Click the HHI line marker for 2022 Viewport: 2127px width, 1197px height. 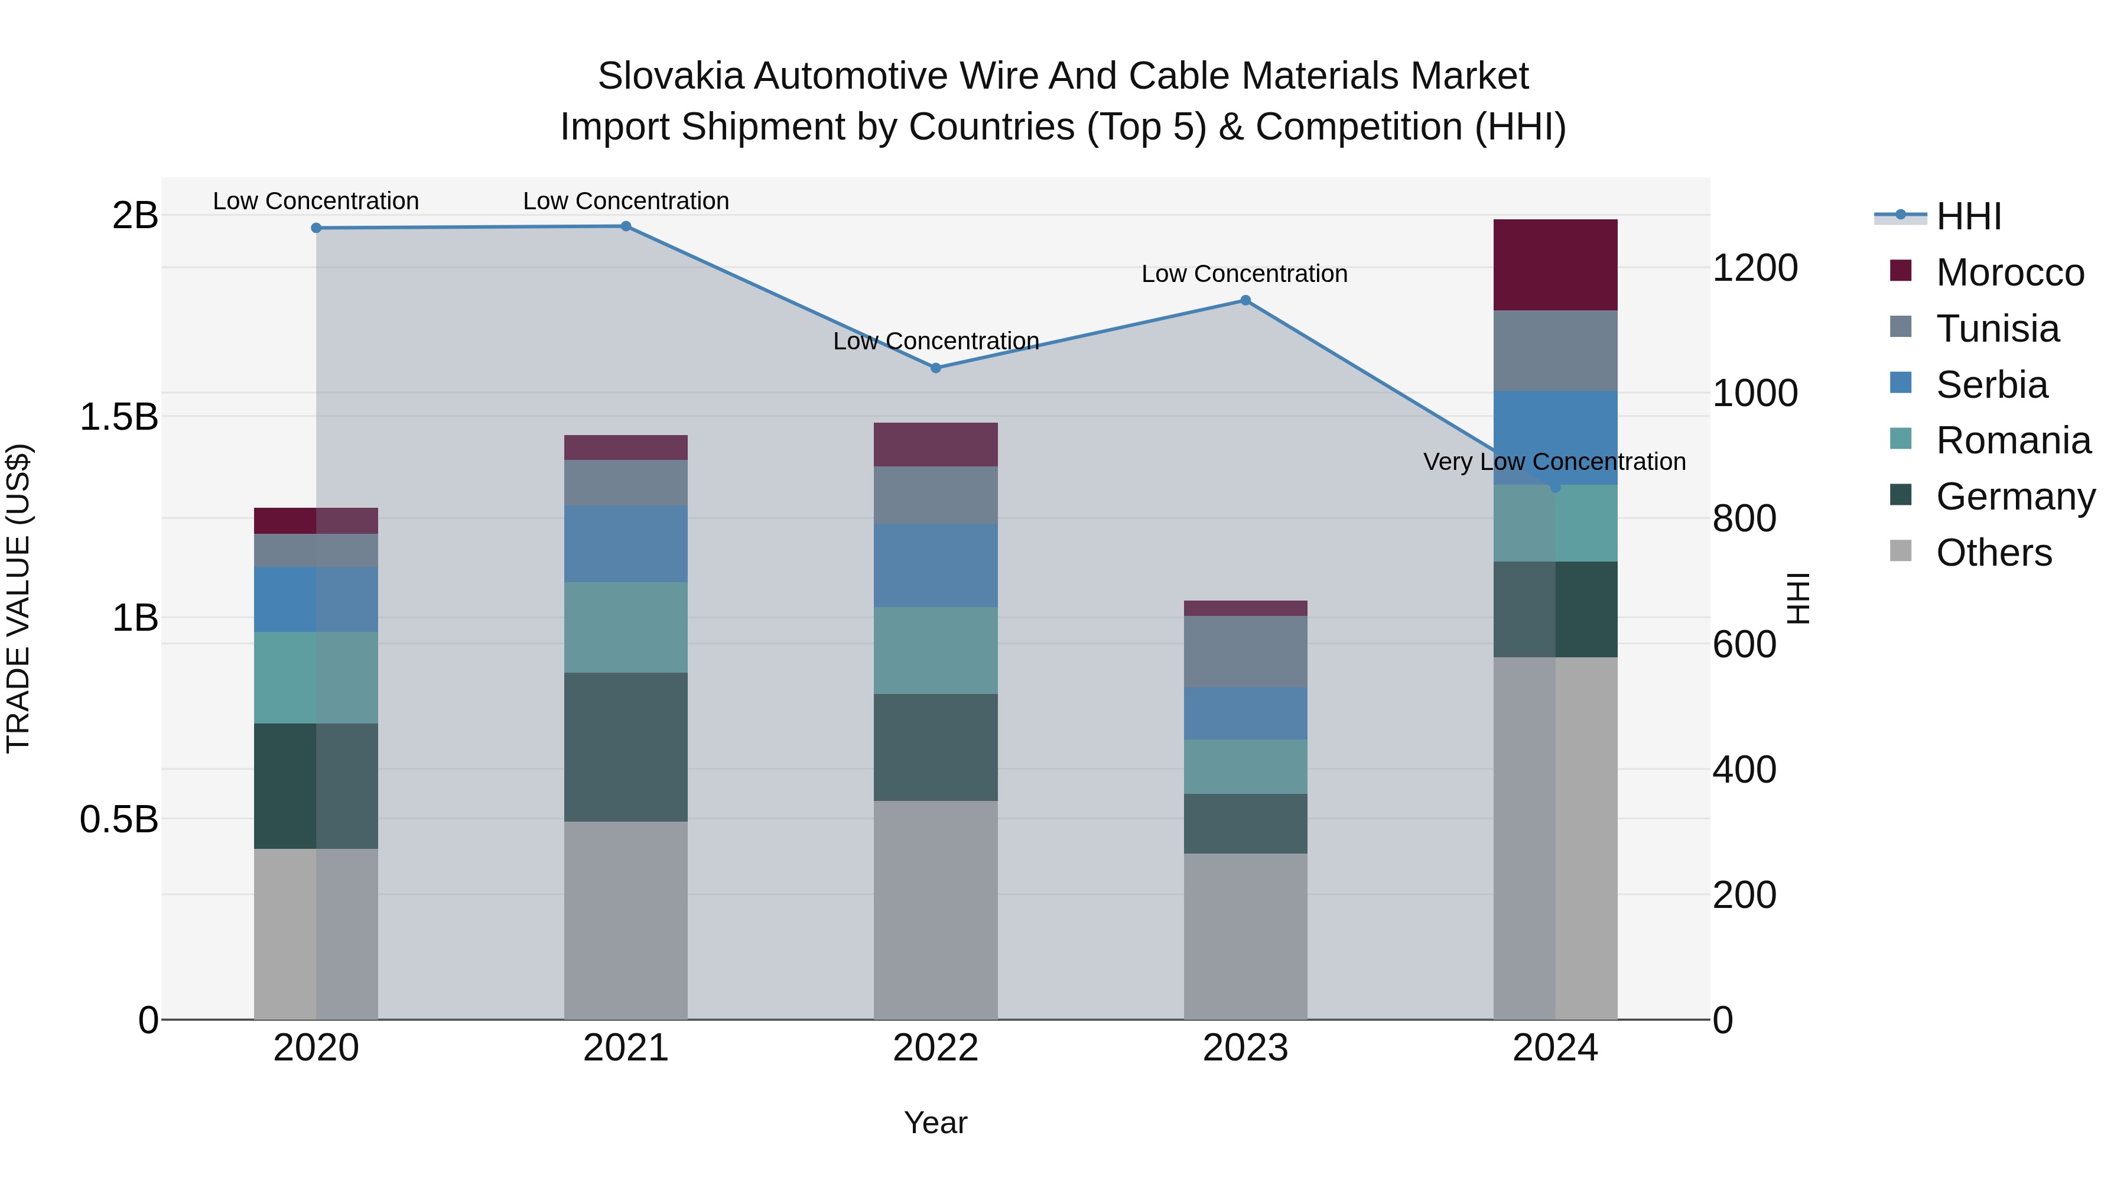935,368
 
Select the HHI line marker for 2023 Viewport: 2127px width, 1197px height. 1245,301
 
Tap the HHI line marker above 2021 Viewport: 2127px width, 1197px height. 626,226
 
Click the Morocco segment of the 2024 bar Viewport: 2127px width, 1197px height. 1555,265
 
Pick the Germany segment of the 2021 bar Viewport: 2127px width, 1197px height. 626,747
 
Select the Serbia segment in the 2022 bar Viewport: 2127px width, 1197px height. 935,565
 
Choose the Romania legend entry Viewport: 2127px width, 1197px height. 2012,440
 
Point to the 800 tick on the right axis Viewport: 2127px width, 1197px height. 1744,519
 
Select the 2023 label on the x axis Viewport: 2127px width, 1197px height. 1245,1048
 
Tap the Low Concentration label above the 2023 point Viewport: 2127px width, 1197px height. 1244,274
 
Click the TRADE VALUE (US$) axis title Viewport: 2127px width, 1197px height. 18,598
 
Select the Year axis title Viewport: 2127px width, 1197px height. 935,1123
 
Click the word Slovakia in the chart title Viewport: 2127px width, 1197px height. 669,76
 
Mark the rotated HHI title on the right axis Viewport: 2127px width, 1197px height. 1797,598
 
